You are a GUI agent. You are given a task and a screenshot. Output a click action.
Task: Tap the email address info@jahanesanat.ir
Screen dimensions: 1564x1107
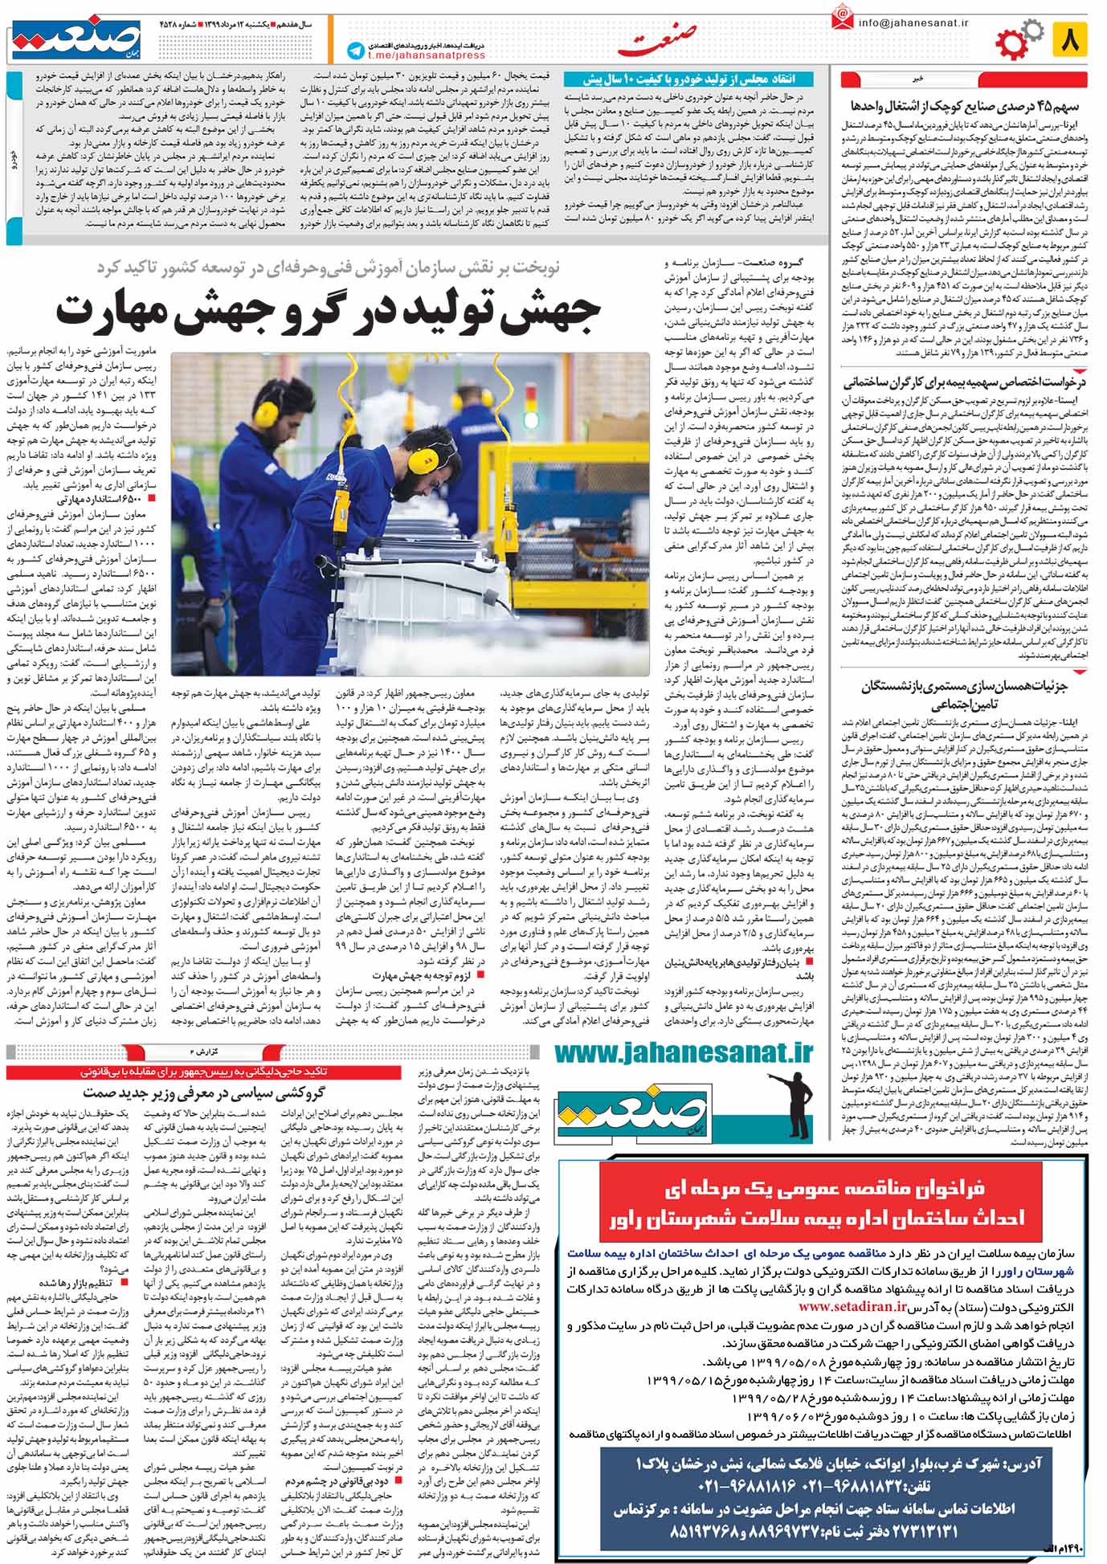[913, 22]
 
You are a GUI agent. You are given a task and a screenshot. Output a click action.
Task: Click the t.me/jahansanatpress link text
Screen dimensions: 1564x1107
[426, 55]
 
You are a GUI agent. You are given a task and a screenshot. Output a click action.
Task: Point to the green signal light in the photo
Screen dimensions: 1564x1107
[530, 420]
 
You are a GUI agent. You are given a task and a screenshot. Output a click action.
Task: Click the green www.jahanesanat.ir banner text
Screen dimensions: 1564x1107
[684, 1052]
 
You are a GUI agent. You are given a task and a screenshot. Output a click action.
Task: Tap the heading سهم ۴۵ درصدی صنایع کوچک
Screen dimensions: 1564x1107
[963, 107]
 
